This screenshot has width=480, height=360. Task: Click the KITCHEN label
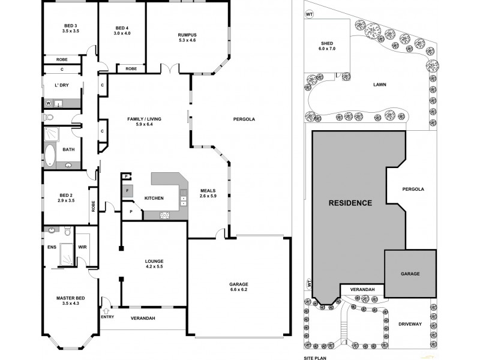click(x=154, y=198)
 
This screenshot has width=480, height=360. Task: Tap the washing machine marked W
click(x=49, y=103)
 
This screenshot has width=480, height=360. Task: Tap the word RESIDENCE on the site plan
click(x=350, y=203)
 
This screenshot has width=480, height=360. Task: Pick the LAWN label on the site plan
click(x=379, y=85)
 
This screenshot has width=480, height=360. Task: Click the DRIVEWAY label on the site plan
click(x=410, y=324)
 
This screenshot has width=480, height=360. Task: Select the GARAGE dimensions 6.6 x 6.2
click(x=238, y=289)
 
